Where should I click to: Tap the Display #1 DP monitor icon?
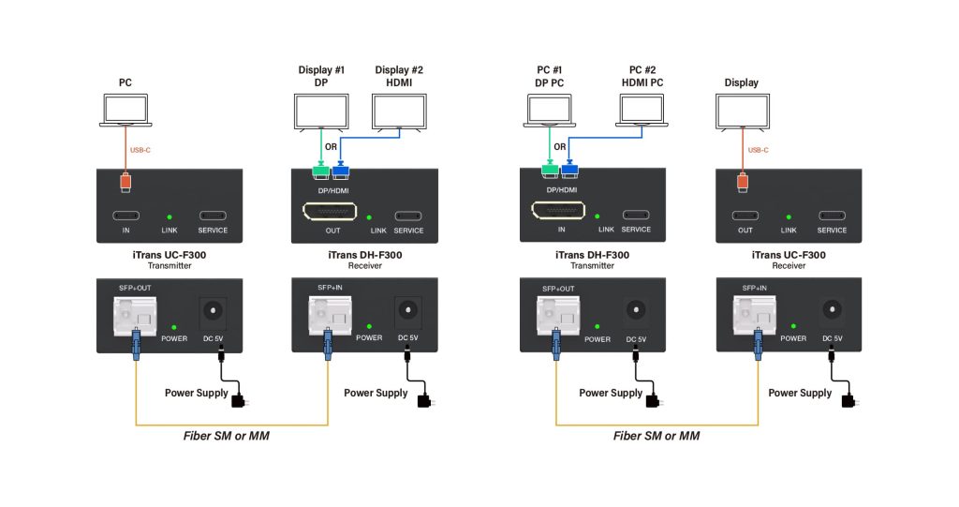[320, 113]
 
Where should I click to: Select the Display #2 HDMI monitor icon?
[399, 113]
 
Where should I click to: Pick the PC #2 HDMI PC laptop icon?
[642, 111]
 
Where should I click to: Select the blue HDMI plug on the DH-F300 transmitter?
[569, 170]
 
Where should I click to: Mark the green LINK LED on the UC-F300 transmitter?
[170, 216]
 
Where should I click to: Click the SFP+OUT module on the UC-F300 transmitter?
[133, 314]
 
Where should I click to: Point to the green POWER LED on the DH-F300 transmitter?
[598, 325]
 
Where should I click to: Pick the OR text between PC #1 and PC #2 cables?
[559, 146]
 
